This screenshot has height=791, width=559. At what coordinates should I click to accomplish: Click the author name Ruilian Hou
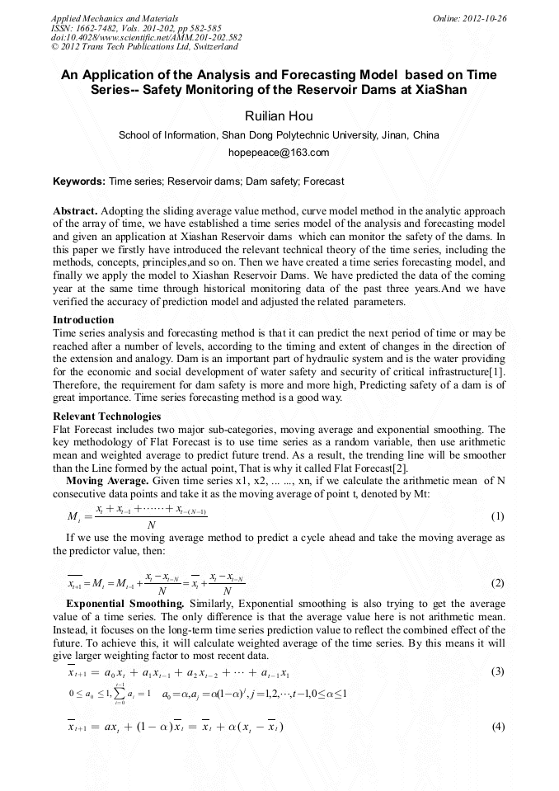point(279,116)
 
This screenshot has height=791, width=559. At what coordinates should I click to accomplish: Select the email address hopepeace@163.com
point(279,153)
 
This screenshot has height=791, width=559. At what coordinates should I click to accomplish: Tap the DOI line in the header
point(146,38)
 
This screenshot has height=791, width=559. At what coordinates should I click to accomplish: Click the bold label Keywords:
point(79,181)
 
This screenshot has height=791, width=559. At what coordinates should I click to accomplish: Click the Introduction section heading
point(83,320)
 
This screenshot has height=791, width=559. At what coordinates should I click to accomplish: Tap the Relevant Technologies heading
point(107,417)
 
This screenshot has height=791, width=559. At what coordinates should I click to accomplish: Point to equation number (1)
point(497,517)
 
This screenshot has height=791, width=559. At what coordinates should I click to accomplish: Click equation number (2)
point(497,583)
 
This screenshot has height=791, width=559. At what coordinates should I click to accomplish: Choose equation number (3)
point(497,671)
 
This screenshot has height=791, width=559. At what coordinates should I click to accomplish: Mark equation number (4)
point(497,727)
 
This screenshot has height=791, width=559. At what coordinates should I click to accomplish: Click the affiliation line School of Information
point(279,135)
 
